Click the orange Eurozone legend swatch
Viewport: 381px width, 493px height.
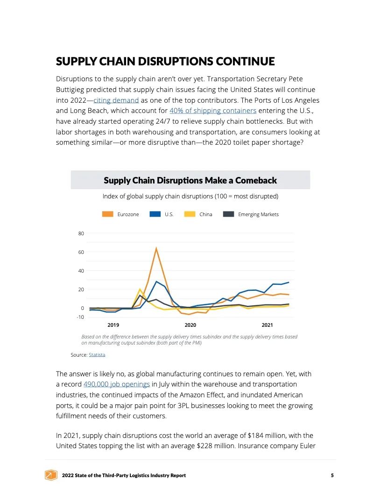click(108, 214)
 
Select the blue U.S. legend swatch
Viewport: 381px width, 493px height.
click(155, 214)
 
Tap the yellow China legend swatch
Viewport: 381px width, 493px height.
click(190, 214)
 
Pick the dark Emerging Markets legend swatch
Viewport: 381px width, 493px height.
click(228, 214)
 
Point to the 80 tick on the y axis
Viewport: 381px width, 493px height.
click(81, 233)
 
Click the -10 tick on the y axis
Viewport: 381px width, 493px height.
click(80, 317)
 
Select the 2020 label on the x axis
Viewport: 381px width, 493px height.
click(190, 325)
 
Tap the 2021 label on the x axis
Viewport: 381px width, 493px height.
click(267, 325)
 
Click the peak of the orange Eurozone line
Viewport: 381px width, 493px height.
click(156, 248)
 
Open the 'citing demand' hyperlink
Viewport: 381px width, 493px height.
click(116, 100)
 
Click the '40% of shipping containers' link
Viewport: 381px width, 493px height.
click(213, 111)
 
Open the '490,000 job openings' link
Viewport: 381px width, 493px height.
click(117, 384)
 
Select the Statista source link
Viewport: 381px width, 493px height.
click(97, 355)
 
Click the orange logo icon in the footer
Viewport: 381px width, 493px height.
click(50, 475)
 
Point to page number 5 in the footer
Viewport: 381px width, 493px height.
click(332, 475)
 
